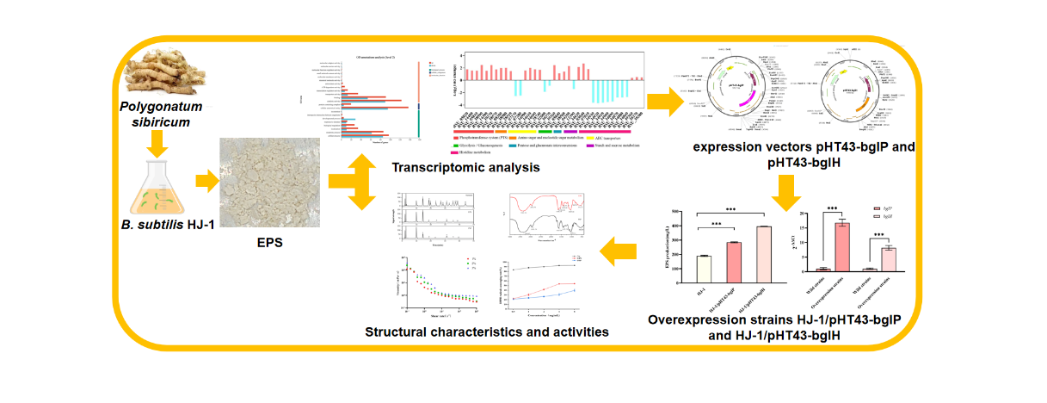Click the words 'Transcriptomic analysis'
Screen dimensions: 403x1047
point(465,167)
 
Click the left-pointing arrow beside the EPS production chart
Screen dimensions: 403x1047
point(620,251)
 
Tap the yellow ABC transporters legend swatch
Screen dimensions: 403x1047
point(591,137)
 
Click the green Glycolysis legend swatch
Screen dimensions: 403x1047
point(456,145)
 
